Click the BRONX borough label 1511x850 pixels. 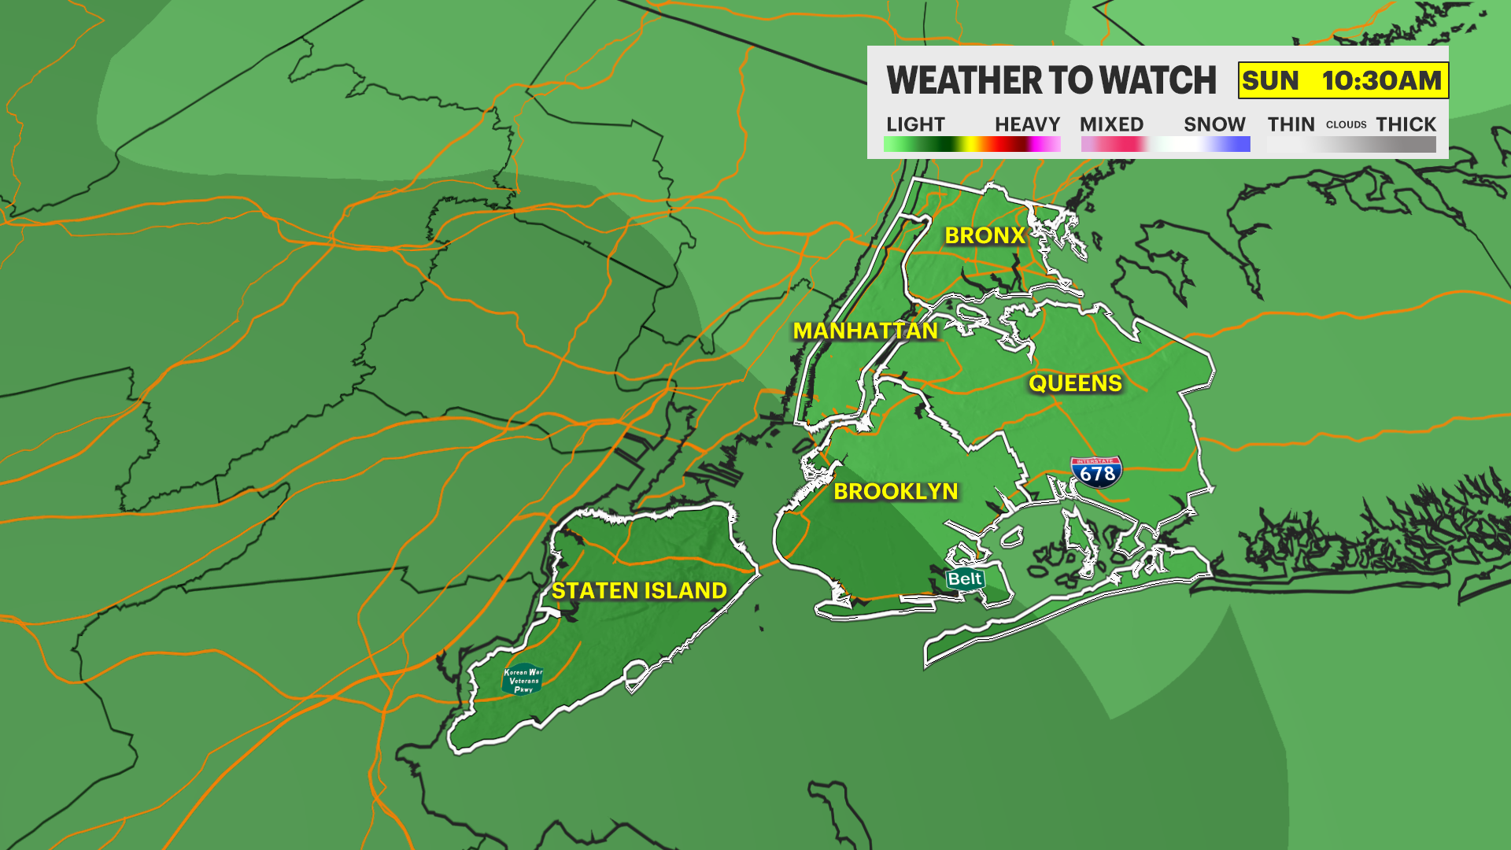[985, 235]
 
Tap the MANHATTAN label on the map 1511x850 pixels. [865, 331]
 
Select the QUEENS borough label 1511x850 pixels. [1075, 383]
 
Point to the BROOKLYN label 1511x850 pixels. [896, 491]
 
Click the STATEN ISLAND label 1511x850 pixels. [639, 590]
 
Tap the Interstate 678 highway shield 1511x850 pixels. [1096, 472]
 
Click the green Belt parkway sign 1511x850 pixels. [965, 579]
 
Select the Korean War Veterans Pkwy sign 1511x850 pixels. [523, 680]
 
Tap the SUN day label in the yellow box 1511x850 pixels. [1270, 80]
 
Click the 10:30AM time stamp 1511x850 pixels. [1381, 80]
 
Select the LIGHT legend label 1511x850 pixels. [915, 124]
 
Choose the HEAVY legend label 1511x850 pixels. [1027, 124]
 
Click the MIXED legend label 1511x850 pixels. [1111, 124]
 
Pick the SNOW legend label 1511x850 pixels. [1214, 124]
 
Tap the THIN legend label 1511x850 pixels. [1291, 124]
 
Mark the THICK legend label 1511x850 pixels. [1406, 124]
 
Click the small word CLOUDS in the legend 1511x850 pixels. [1346, 124]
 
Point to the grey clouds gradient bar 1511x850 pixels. [1351, 144]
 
